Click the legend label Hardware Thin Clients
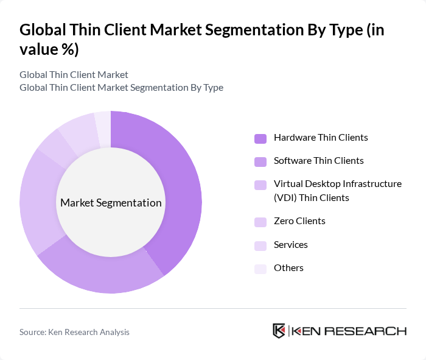321,138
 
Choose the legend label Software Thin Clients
318,161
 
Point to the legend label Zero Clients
299,221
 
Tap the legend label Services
290,245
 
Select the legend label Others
288,268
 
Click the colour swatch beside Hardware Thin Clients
260,138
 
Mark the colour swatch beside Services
260,245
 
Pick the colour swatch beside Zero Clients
260,222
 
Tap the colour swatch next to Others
260,269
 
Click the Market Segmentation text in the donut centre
111,203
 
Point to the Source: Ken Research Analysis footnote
74,332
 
